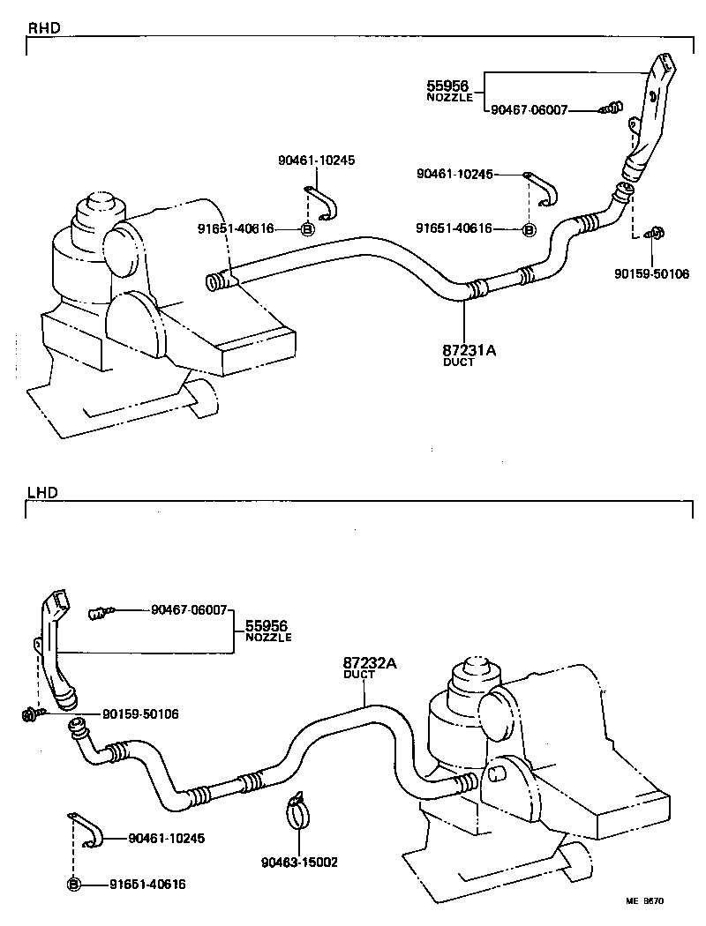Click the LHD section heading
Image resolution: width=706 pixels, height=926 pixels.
(x=42, y=492)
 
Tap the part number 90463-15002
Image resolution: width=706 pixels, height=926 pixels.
(x=300, y=862)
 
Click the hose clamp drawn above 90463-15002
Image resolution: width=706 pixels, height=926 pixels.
(x=299, y=811)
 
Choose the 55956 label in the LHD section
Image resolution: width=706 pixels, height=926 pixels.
(x=266, y=625)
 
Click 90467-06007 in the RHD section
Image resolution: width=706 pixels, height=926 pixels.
(x=529, y=111)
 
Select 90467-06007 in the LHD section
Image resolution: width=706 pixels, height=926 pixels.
(x=189, y=609)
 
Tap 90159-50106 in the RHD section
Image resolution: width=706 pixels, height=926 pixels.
(x=652, y=273)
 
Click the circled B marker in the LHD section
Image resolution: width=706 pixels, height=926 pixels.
(x=74, y=884)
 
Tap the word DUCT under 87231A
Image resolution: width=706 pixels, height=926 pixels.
(x=458, y=362)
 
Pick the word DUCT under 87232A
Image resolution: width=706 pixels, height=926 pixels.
(x=359, y=675)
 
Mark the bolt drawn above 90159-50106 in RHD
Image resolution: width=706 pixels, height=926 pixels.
(x=655, y=234)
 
